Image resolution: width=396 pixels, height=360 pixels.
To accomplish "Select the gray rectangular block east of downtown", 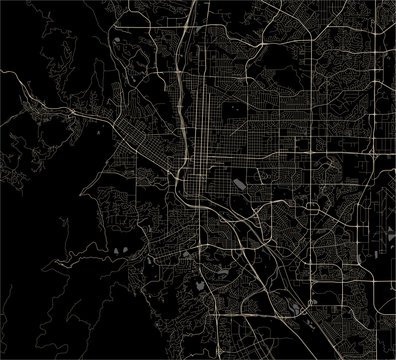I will click(x=240, y=184).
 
